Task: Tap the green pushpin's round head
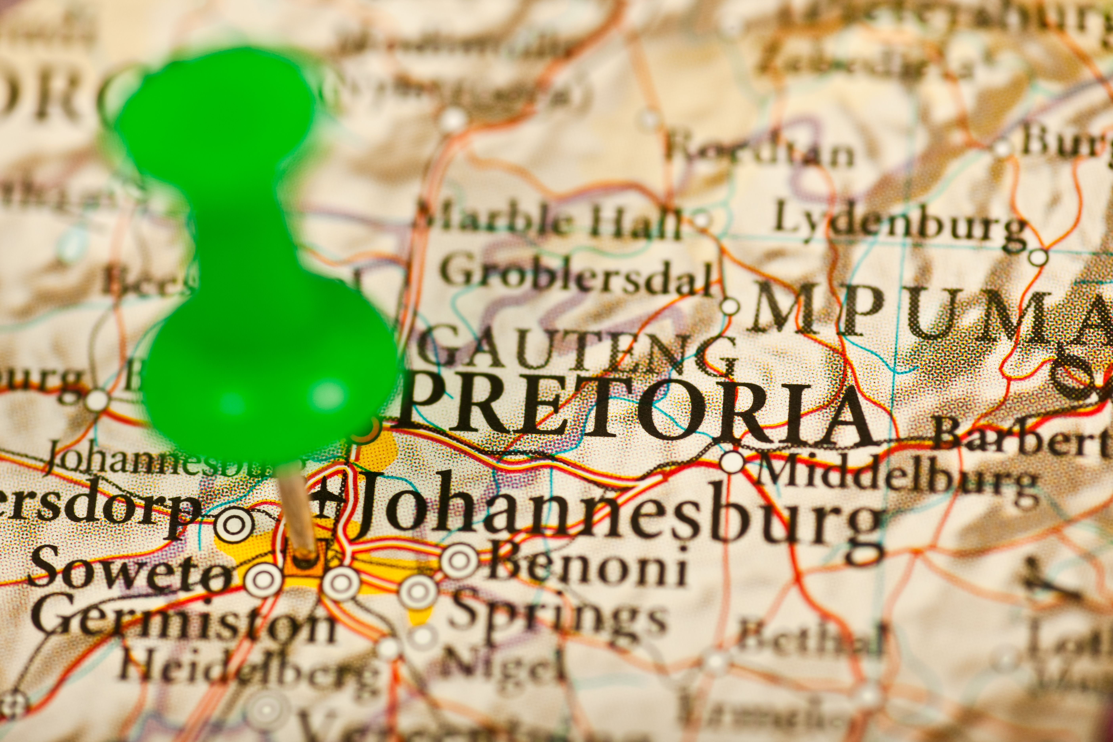click(270, 379)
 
